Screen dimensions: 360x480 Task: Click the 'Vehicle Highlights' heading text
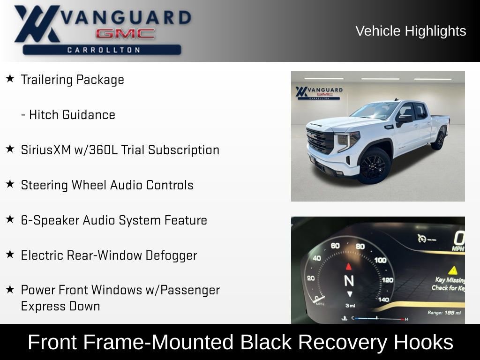tap(411, 31)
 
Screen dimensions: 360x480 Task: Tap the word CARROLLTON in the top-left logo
tap(104, 50)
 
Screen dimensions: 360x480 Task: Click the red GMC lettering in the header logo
tap(125, 33)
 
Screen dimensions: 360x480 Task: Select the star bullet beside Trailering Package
tap(10, 79)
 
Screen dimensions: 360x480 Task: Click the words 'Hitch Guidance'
tap(72, 115)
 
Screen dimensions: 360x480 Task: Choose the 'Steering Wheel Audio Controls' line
tap(107, 185)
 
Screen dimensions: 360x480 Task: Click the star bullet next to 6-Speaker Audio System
tap(10, 219)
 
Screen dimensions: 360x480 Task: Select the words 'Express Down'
tap(60, 306)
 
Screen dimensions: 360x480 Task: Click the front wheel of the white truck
tap(374, 166)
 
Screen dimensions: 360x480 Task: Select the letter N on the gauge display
tap(349, 280)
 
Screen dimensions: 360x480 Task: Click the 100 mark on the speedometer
tap(380, 260)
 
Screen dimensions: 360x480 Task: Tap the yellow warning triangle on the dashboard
tap(452, 270)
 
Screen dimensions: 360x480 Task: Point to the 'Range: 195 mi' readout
tap(444, 312)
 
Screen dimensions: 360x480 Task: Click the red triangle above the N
tap(349, 267)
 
